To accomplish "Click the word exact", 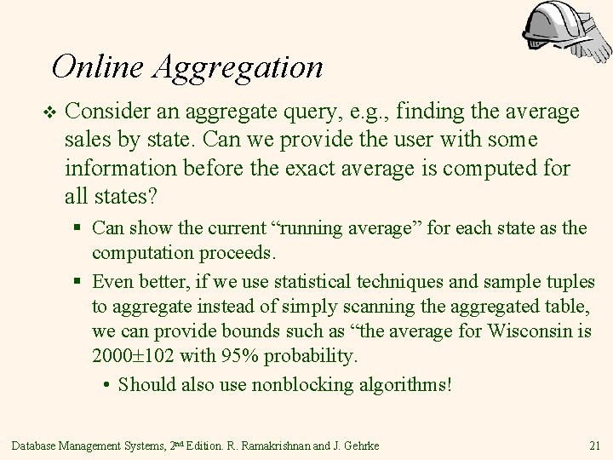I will (323, 168).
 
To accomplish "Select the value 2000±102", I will (135, 354).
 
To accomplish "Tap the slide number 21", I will (594, 446).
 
